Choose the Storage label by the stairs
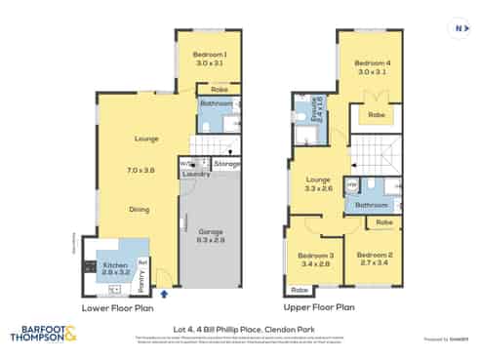227,165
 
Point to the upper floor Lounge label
319,180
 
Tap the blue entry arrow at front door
164,291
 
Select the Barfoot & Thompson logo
45,334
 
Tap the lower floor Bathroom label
219,102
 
